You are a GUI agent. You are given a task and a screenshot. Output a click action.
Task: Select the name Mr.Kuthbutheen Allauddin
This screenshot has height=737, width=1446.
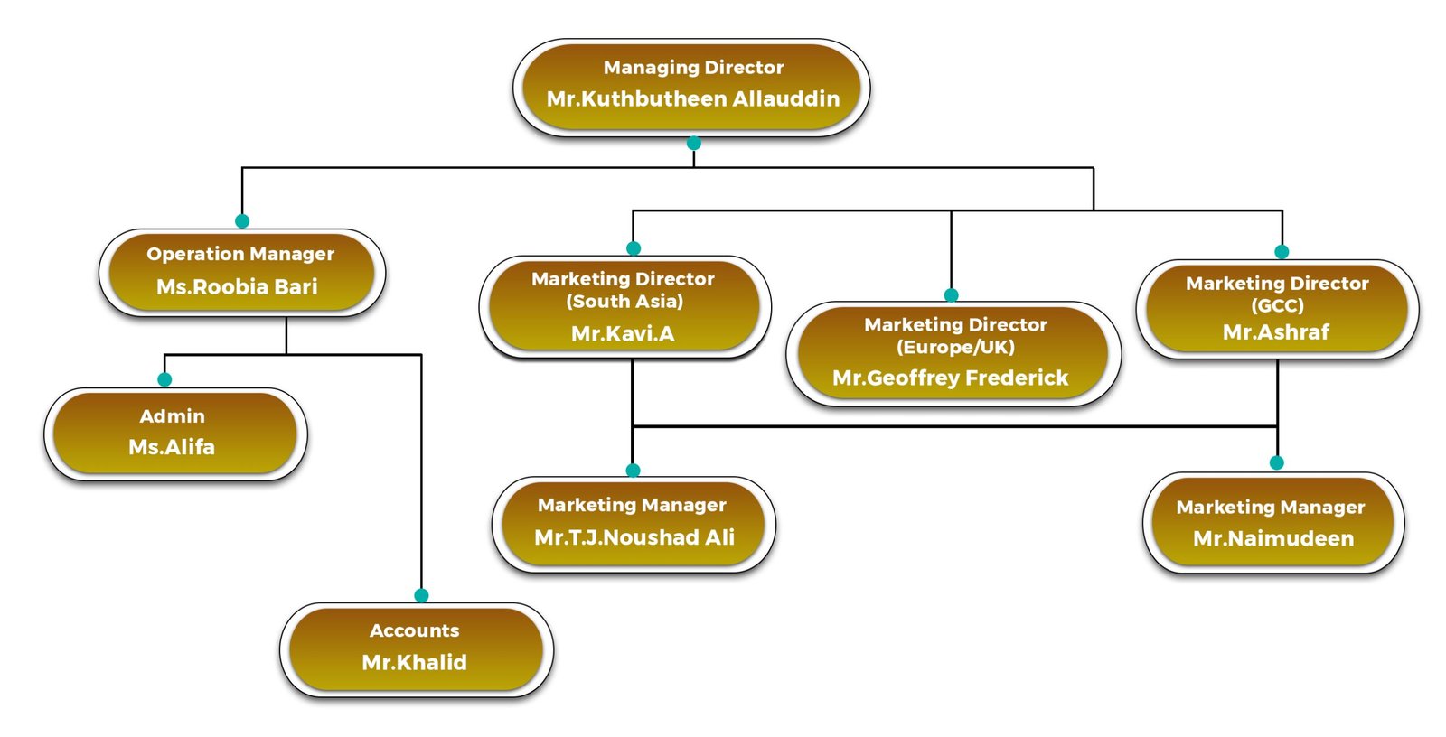pos(693,99)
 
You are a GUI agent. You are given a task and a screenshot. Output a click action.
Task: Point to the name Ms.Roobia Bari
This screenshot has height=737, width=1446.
pos(237,287)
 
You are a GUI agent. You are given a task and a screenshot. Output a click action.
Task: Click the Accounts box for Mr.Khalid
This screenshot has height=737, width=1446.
pos(415,648)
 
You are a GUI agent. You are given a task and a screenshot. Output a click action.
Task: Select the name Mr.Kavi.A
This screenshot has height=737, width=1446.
pos(623,334)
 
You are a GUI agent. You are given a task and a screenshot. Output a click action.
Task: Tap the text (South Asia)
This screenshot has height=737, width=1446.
pos(624,302)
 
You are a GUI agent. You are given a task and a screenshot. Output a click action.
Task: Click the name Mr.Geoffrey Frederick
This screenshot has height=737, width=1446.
pos(951,378)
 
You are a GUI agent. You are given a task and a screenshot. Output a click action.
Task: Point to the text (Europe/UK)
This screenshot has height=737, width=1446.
pos(955,348)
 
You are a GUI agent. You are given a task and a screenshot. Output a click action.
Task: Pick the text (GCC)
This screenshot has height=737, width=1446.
pos(1277,306)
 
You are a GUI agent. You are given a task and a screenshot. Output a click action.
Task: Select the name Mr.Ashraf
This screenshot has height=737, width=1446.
pos(1276,332)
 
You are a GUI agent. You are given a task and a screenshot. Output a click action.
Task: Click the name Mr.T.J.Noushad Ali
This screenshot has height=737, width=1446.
pos(634,538)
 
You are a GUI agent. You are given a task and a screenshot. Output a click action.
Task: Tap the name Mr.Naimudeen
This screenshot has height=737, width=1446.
pos(1273,539)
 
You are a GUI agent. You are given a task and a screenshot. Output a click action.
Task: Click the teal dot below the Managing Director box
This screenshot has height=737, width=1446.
pos(694,143)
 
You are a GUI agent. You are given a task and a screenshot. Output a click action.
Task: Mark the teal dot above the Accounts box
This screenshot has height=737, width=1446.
pos(421,595)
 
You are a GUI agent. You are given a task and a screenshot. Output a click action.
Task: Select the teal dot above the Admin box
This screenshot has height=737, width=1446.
pos(164,379)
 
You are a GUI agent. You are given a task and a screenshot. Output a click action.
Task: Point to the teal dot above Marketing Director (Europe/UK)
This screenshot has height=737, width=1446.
pos(951,294)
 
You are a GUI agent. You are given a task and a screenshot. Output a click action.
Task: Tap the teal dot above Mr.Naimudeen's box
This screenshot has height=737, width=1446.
pos(1277,462)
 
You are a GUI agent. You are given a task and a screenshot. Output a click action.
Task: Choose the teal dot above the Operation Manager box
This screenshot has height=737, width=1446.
pos(242,220)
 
